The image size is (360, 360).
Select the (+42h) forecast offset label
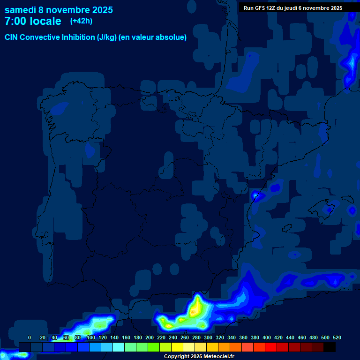click(x=81, y=21)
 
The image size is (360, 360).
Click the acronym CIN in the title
click(x=11, y=37)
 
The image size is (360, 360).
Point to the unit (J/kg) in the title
click(x=107, y=37)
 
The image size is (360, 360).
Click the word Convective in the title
click(x=39, y=37)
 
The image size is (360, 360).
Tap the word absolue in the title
click(x=170, y=37)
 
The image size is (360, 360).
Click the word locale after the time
click(x=45, y=21)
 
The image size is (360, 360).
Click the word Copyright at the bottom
click(x=177, y=357)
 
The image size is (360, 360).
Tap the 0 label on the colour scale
click(x=30, y=337)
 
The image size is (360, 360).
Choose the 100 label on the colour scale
click(x=91, y=337)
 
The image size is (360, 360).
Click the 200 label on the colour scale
click(x=150, y=337)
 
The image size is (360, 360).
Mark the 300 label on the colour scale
click(x=208, y=337)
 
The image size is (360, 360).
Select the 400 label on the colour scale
click(x=267, y=337)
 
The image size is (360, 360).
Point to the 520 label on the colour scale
click(x=337, y=337)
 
